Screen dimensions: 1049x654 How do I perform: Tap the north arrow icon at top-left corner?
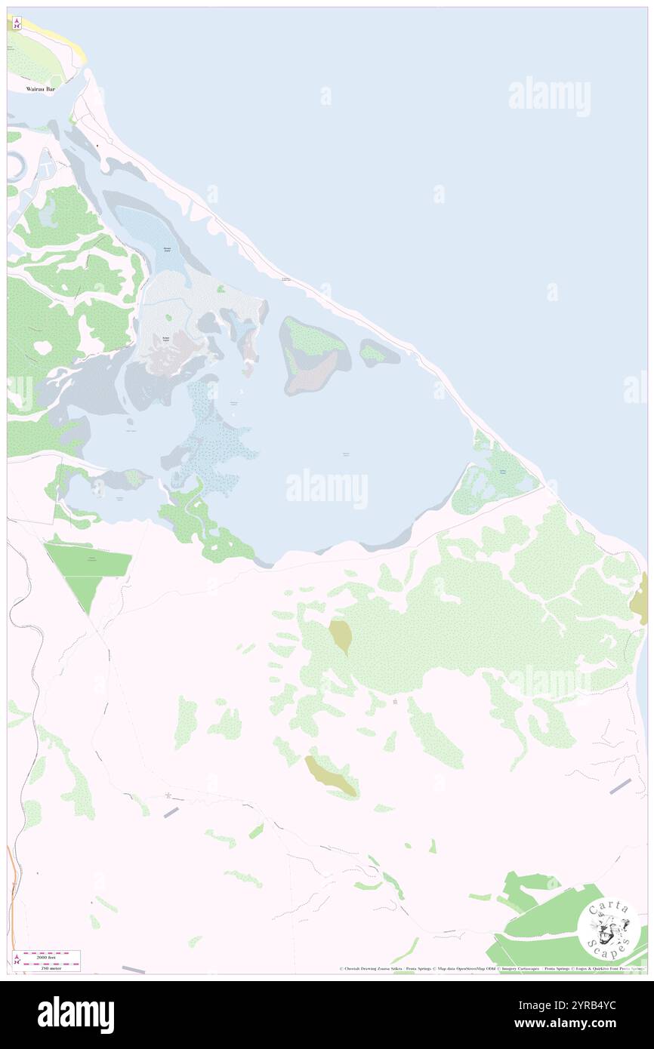[x=15, y=23]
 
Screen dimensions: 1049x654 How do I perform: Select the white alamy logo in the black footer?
[x=76, y=1014]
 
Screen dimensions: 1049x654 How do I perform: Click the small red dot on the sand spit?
[x=97, y=145]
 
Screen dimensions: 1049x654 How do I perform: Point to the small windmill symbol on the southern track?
[x=168, y=795]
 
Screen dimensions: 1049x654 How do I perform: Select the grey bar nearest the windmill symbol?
[x=171, y=811]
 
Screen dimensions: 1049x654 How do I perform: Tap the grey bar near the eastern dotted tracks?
[x=621, y=786]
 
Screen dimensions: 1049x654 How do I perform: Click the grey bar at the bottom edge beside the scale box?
[x=133, y=968]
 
